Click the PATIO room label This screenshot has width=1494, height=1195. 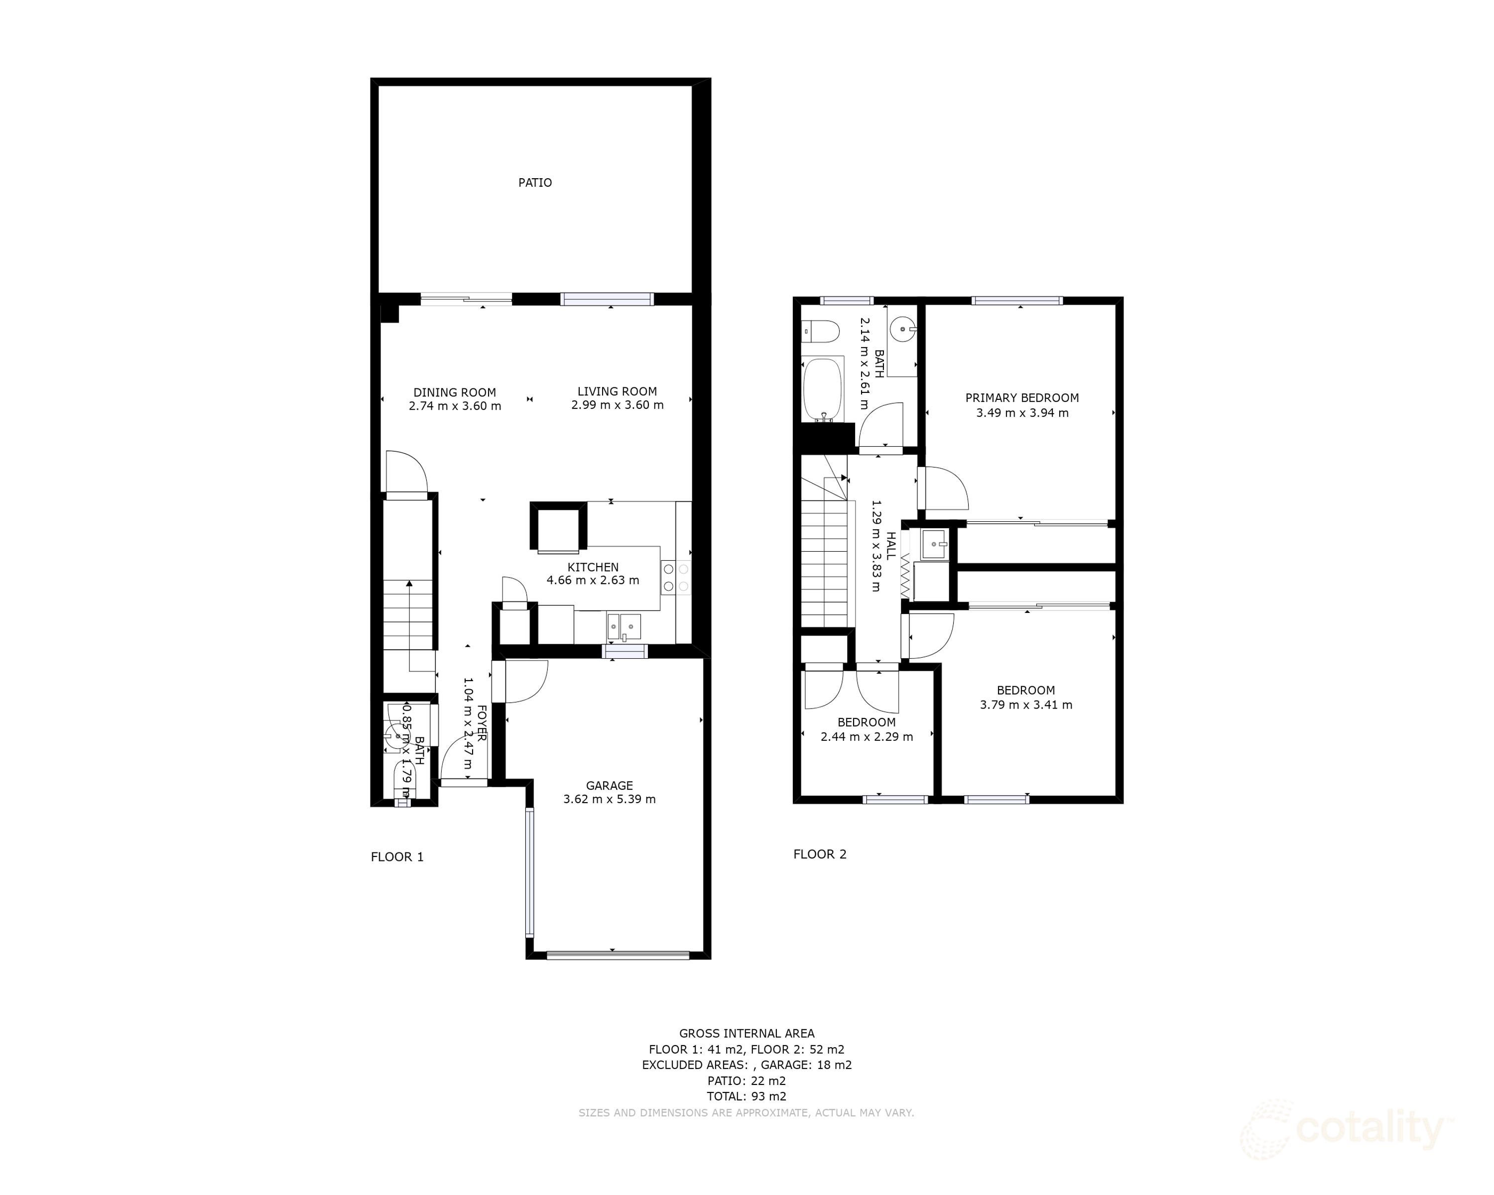(x=535, y=183)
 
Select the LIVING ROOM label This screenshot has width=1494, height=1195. (x=617, y=391)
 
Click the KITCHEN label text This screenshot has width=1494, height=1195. (x=593, y=567)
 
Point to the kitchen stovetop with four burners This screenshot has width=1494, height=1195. (x=676, y=578)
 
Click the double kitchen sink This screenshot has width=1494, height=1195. (x=623, y=627)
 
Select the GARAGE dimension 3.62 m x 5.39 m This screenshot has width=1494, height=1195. (x=609, y=799)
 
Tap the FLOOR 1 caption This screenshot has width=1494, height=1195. (x=397, y=857)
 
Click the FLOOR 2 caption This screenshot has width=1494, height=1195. (x=820, y=854)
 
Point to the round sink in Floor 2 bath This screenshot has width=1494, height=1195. (x=903, y=330)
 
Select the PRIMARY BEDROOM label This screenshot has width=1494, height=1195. (x=1021, y=398)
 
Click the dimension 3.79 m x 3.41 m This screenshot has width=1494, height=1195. (x=1025, y=705)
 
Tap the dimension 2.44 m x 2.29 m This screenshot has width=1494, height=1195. (x=866, y=737)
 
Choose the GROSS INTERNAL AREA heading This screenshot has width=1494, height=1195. (x=747, y=1033)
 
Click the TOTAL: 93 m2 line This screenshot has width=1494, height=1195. (x=747, y=1096)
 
